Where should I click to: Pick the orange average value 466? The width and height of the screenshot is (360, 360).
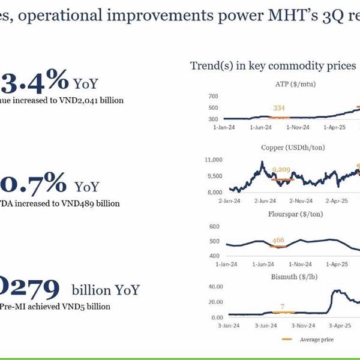[278, 241]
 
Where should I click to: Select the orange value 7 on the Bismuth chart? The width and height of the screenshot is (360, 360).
[282, 307]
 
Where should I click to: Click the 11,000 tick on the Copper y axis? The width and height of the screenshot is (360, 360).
[214, 160]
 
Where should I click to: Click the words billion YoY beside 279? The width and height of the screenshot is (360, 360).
[106, 290]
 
